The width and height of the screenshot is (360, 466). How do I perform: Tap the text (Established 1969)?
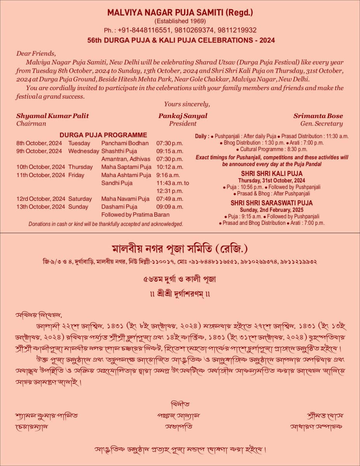pyautogui.click(x=180, y=21)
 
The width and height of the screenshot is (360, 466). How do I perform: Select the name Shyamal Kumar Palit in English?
pyautogui.click(x=52, y=116)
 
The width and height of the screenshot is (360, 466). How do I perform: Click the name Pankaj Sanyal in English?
pyautogui.click(x=183, y=116)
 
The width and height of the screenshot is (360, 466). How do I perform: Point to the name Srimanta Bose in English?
pyautogui.click(x=318, y=116)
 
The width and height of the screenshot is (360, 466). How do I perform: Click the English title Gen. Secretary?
pyautogui.click(x=322, y=124)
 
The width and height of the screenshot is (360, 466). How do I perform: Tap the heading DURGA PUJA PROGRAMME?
pyautogui.click(x=103, y=135)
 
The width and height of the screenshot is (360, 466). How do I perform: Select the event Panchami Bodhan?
pyautogui.click(x=125, y=143)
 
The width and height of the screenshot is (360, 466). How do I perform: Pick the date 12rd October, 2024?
pyautogui.click(x=41, y=199)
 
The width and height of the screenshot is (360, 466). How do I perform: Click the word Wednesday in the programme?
pyautogui.click(x=83, y=151)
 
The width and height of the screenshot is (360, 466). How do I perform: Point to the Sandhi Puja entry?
pyautogui.click(x=117, y=183)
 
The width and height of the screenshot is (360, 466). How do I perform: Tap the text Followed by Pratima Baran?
pyautogui.click(x=135, y=214)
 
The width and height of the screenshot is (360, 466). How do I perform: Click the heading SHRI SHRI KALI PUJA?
pyautogui.click(x=271, y=174)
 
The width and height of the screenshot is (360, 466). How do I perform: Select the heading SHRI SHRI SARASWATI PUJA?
pyautogui.click(x=271, y=203)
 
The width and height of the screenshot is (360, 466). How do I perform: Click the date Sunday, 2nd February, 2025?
pyautogui.click(x=271, y=210)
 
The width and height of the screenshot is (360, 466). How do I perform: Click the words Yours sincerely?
pyautogui.click(x=187, y=104)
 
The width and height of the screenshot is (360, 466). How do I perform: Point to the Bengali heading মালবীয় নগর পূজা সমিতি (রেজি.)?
pyautogui.click(x=180, y=248)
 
